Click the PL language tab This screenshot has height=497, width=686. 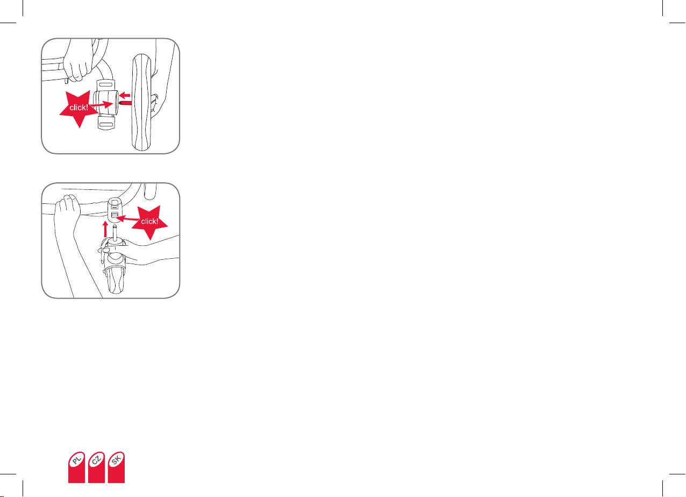click(76, 467)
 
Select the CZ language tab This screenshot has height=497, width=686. click(96, 467)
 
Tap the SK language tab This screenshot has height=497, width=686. click(116, 467)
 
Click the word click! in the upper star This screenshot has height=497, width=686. click(78, 108)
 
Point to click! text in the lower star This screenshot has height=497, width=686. click(149, 221)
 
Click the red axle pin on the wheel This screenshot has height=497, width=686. click(126, 103)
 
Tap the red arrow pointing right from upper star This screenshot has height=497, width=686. click(102, 104)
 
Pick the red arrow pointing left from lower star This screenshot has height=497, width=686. click(128, 219)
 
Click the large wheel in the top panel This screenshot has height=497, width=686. click(141, 102)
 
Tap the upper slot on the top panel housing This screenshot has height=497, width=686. click(106, 84)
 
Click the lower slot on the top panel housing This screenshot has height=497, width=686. click(106, 124)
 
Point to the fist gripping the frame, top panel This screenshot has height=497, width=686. click(78, 61)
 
